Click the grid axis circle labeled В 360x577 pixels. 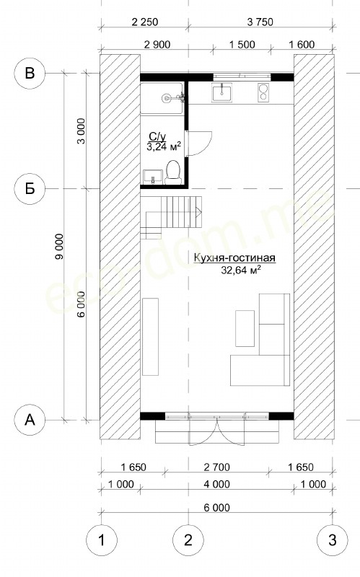pos(30,73)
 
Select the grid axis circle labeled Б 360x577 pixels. pos(30,188)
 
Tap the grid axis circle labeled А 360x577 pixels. pos(30,419)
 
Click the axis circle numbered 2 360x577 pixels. pos(188,540)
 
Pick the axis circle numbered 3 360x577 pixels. pos(333,540)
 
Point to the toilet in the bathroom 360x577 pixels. pos(173,172)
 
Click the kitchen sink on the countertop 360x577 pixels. pos(221,92)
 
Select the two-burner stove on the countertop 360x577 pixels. pos(263,92)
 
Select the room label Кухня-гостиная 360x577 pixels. pos(234,258)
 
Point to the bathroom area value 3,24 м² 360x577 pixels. pos(164,147)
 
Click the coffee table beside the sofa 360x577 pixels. pos(245,328)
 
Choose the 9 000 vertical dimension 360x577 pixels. pos(59,246)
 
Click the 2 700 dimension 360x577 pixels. pos(217,467)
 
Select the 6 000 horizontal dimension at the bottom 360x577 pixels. pos(217,508)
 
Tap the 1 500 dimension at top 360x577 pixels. pos(242,45)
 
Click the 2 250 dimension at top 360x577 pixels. pos(145,22)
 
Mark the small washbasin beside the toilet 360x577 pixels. pos(152,176)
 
